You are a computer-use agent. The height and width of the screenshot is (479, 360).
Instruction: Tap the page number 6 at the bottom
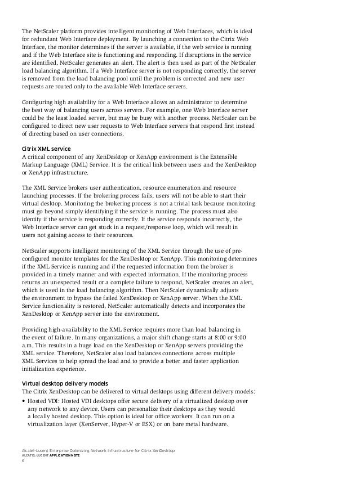(x=23, y=463)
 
